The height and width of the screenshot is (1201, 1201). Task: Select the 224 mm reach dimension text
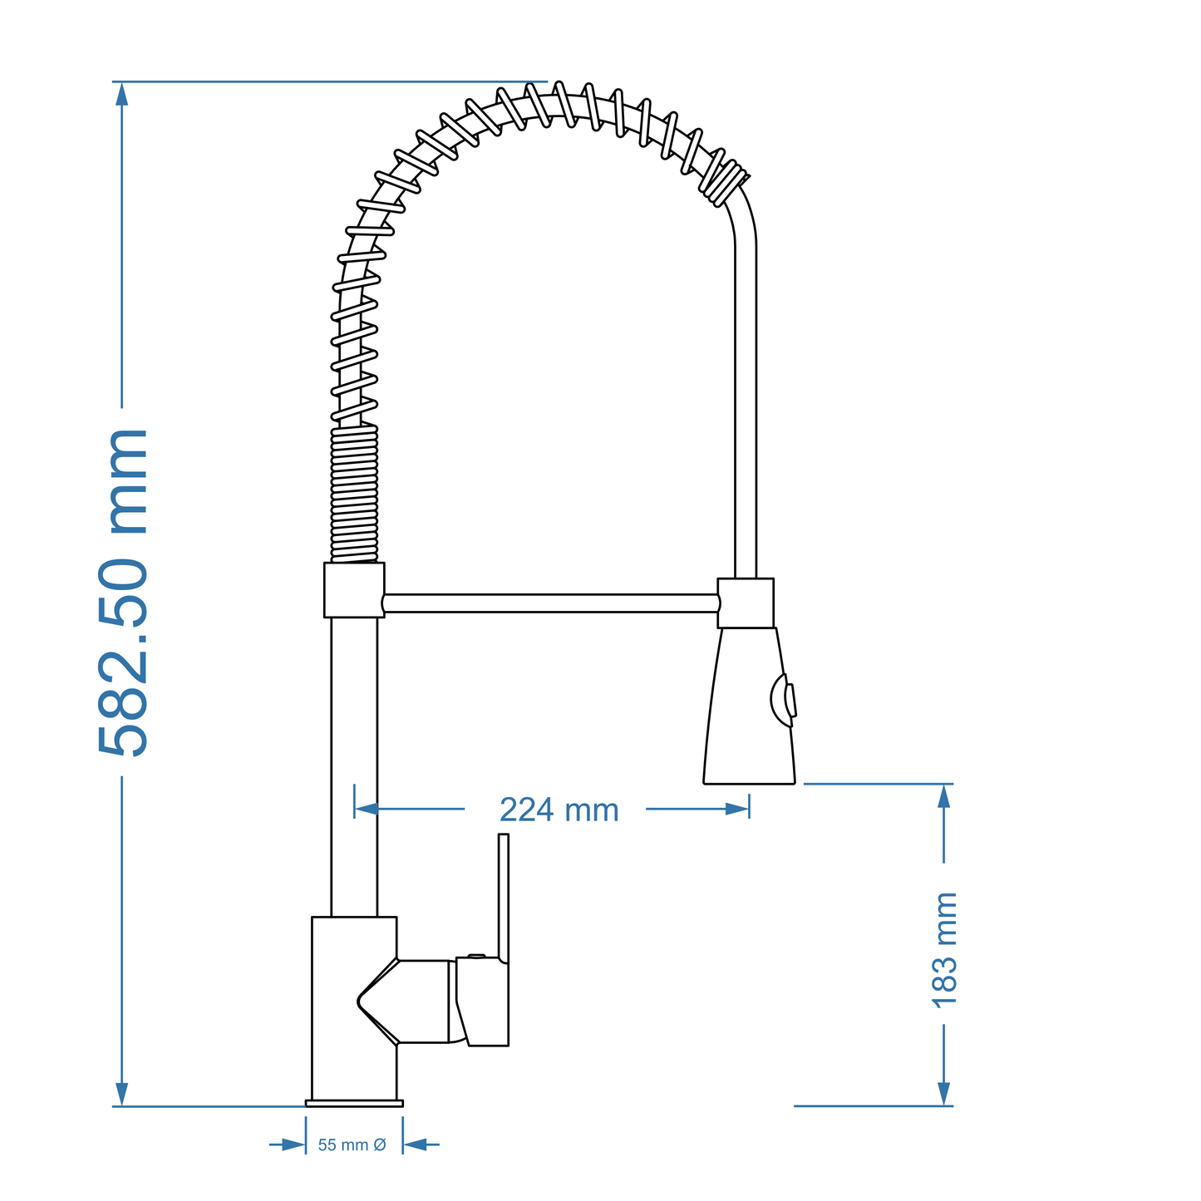tap(559, 810)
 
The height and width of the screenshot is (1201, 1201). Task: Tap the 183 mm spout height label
tap(944, 949)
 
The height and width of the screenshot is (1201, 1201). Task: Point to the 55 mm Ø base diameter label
tap(352, 1145)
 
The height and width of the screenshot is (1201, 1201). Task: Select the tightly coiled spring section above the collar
tap(354, 495)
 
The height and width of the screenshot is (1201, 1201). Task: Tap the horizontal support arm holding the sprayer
tap(549, 603)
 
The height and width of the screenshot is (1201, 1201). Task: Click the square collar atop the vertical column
tap(354, 590)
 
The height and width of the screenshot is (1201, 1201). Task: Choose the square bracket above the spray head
tap(746, 603)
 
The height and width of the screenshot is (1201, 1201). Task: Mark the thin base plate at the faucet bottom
tap(354, 1104)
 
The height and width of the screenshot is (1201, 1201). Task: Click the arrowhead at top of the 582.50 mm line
tap(122, 94)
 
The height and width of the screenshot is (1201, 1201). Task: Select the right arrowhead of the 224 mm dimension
tap(736, 809)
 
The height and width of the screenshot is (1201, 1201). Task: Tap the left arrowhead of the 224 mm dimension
tap(367, 809)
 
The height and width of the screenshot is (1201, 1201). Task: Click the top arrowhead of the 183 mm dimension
tap(943, 796)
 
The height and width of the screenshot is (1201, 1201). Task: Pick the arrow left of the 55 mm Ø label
tap(292, 1145)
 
